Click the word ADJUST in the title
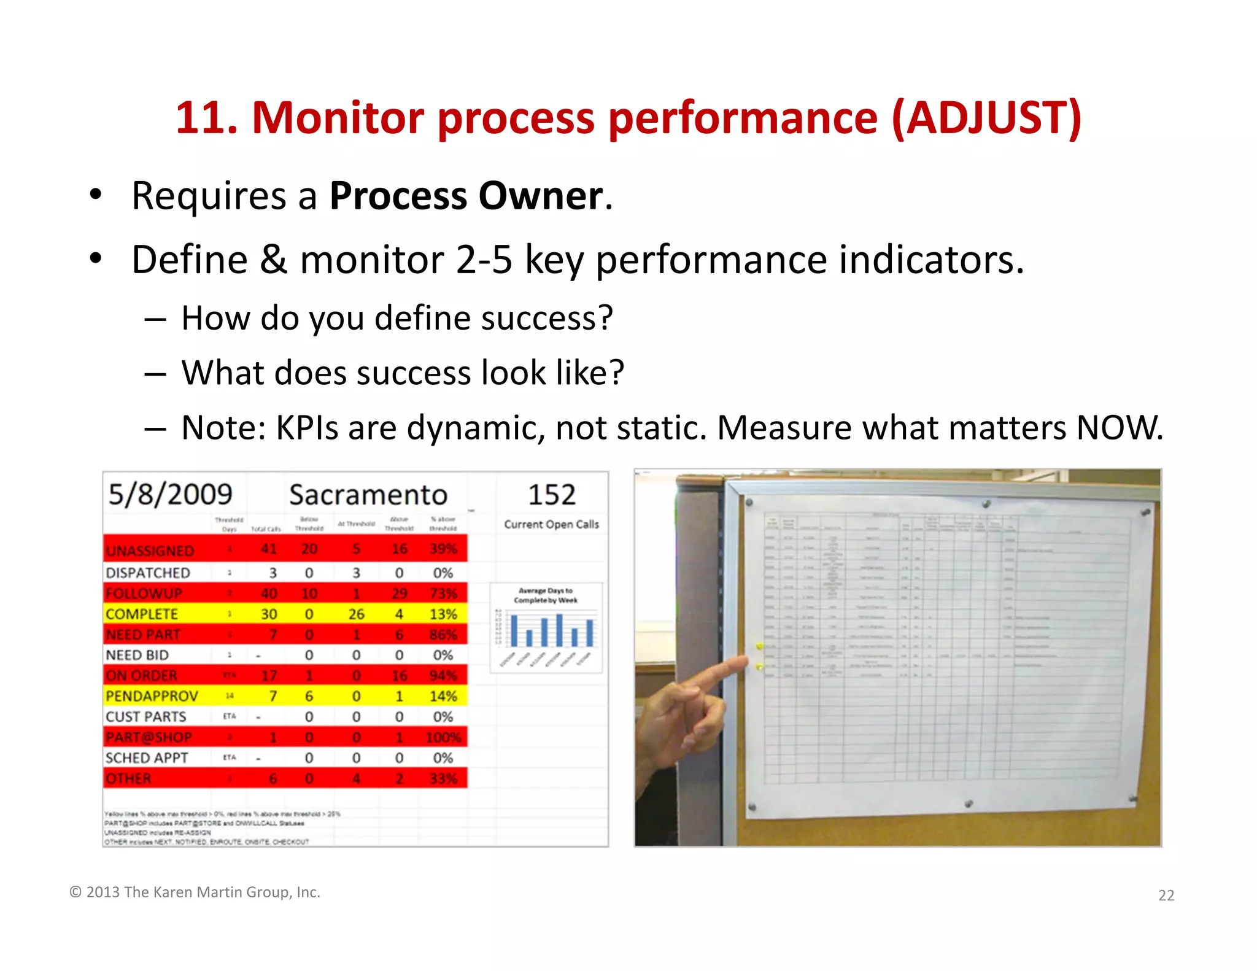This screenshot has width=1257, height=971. (986, 118)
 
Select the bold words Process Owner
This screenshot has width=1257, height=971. (466, 196)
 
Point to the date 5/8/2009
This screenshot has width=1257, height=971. (170, 495)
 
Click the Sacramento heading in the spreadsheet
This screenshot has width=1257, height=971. (368, 495)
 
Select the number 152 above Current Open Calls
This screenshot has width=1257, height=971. (551, 495)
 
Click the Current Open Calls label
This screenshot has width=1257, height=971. (551, 524)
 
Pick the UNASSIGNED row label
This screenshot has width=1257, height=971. (150, 551)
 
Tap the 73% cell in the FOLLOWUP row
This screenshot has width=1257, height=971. (443, 594)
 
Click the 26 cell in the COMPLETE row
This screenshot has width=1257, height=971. (356, 614)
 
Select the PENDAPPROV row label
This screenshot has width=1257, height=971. (152, 696)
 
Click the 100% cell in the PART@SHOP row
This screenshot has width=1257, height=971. (443, 737)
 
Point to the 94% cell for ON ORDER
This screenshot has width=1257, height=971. (443, 676)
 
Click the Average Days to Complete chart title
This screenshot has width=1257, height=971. (546, 595)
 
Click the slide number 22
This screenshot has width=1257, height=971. (1166, 896)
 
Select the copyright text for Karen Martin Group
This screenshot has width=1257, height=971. (195, 892)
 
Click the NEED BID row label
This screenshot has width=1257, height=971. (137, 655)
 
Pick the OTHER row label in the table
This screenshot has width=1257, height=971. (128, 778)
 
